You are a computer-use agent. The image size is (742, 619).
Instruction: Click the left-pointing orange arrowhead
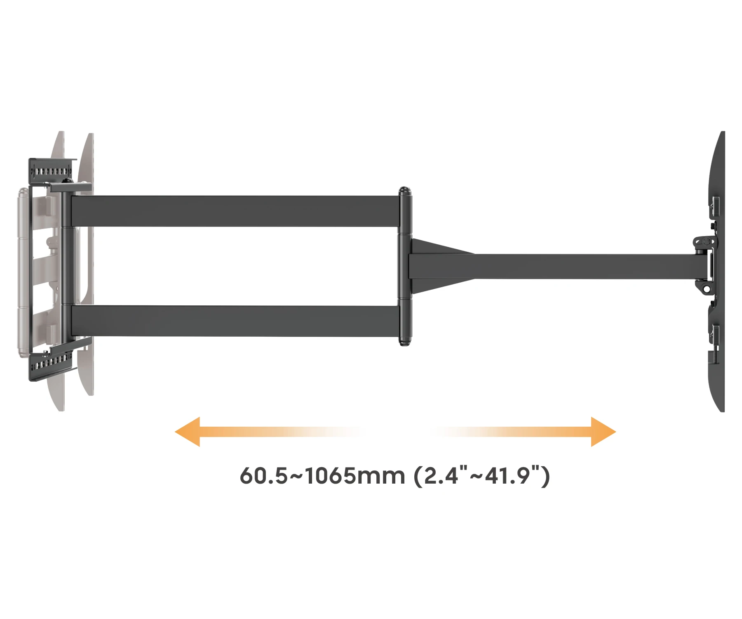(x=188, y=432)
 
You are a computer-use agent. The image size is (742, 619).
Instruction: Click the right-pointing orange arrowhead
(x=603, y=432)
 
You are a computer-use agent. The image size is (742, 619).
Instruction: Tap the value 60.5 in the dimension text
(x=263, y=476)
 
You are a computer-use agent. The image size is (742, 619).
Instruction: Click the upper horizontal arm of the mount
(x=235, y=211)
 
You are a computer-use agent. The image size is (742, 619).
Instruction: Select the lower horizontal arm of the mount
(x=235, y=321)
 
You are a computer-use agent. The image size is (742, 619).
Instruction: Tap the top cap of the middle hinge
(x=405, y=191)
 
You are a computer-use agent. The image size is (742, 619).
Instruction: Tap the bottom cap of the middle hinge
(x=405, y=341)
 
